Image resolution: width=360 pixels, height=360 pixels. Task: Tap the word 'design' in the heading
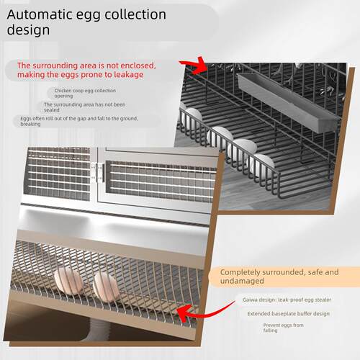[x=28, y=30]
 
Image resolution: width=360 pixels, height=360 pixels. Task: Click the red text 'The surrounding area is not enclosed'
[x=86, y=66]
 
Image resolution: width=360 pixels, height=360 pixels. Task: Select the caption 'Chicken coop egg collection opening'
[x=85, y=93]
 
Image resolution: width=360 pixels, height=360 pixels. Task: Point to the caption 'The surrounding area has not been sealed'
[x=84, y=107]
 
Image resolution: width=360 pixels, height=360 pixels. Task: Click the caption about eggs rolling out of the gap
[x=79, y=121]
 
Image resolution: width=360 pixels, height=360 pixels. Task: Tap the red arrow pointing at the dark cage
[x=194, y=66]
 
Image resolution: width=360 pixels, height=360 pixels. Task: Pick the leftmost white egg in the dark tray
[x=193, y=117]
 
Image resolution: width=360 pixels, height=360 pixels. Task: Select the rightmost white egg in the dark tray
[x=261, y=166]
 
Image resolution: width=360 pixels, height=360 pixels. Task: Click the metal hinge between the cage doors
[x=98, y=172]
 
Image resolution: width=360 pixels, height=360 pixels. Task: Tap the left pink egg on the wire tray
[x=68, y=281]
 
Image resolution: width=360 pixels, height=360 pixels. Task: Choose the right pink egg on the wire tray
[x=107, y=287]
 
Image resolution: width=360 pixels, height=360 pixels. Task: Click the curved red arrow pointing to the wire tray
[x=203, y=312]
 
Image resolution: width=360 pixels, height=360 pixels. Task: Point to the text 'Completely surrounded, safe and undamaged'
[x=279, y=276]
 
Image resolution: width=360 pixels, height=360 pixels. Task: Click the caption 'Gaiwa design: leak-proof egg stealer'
[x=287, y=300]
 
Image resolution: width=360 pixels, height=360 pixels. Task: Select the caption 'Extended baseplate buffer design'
[x=289, y=314]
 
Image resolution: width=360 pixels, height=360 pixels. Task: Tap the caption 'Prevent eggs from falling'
[x=283, y=328]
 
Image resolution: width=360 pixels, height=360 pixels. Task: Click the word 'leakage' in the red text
[x=129, y=75]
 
